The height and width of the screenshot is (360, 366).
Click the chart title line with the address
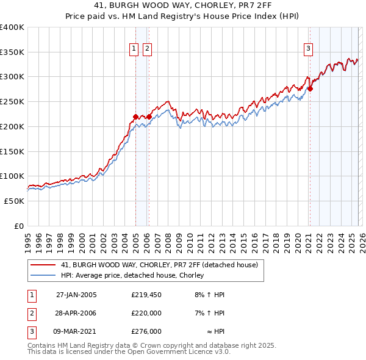[183, 6]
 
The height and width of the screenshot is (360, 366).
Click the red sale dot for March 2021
[310, 89]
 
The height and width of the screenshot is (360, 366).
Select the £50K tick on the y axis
[14, 201]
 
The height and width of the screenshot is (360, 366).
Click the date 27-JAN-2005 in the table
[76, 295]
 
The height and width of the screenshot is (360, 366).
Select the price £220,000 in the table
[146, 313]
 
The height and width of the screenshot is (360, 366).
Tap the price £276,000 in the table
[146, 331]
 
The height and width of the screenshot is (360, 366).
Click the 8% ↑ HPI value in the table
[209, 295]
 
